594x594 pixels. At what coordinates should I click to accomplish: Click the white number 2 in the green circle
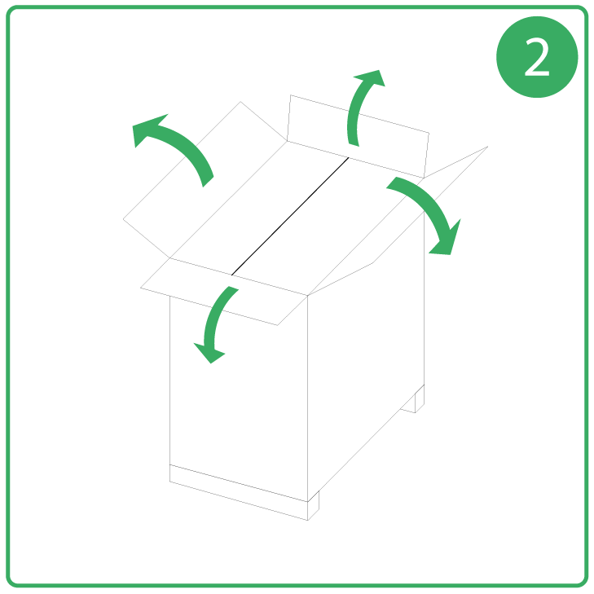pyautogui.click(x=537, y=57)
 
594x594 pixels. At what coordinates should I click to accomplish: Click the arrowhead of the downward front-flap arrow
pyautogui.click(x=209, y=352)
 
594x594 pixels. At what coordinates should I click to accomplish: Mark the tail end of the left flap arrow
pyautogui.click(x=209, y=182)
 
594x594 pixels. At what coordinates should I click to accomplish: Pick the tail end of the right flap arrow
pyautogui.click(x=391, y=183)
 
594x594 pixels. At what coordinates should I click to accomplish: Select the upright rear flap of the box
pyautogui.click(x=358, y=136)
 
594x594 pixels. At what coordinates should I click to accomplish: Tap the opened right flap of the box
pyautogui.click(x=398, y=222)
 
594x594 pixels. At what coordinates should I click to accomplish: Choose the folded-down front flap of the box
pyautogui.click(x=223, y=292)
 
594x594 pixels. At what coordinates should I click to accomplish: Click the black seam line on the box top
pyautogui.click(x=290, y=216)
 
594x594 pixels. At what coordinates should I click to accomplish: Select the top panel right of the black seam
pyautogui.click(x=328, y=227)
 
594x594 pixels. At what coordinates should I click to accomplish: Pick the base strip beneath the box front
pyautogui.click(x=239, y=492)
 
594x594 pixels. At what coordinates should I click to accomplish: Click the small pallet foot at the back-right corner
pyautogui.click(x=415, y=402)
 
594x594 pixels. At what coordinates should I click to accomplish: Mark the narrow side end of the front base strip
pyautogui.click(x=313, y=506)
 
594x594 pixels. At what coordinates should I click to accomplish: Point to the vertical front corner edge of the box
pyautogui.click(x=308, y=398)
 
